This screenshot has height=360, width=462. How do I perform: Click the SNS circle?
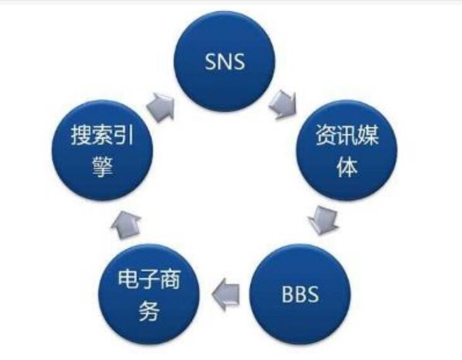[x=225, y=61]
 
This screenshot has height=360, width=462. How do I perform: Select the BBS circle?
[x=300, y=294]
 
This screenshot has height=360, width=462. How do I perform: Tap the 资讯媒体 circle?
[x=346, y=150]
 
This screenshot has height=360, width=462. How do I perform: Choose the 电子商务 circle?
[x=149, y=294]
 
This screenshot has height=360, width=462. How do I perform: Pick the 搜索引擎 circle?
[x=102, y=150]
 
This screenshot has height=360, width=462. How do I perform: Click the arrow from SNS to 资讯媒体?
[x=283, y=104]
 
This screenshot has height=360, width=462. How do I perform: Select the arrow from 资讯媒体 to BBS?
[x=324, y=220]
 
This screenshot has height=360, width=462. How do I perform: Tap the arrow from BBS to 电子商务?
[x=226, y=294]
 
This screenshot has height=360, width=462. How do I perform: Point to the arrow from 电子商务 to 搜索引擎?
[x=126, y=225]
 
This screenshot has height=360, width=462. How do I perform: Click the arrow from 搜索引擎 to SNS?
[x=161, y=107]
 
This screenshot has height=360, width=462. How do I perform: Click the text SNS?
[x=225, y=62]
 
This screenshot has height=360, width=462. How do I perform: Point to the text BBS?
[x=300, y=294]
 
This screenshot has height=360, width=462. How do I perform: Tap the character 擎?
[x=102, y=167]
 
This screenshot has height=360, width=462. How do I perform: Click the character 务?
[x=149, y=311]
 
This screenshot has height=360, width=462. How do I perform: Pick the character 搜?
[x=81, y=135]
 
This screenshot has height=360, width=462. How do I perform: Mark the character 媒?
[x=369, y=135]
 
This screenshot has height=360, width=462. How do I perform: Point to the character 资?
[x=326, y=135]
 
